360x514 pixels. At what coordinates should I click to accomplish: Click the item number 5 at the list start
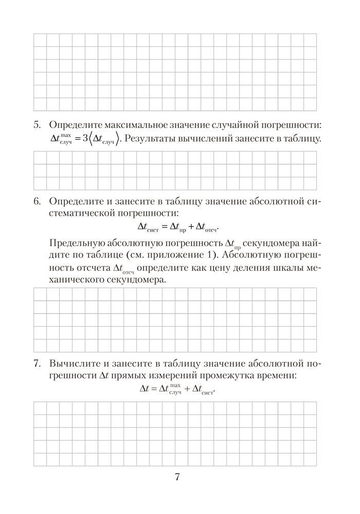point(37,125)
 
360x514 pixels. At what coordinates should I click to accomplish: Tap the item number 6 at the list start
point(37,200)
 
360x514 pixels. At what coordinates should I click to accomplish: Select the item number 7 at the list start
point(37,364)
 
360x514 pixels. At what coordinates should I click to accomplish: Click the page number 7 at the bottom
point(177,477)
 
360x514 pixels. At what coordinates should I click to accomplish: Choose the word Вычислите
point(74,364)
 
